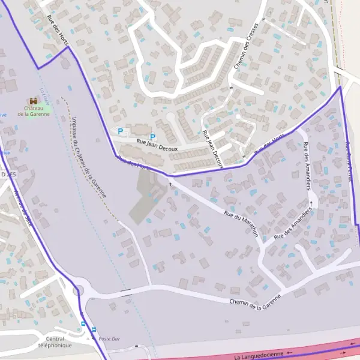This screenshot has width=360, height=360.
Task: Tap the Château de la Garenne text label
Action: click(x=34, y=111)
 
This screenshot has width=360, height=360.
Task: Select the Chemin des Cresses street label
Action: click(x=246, y=46)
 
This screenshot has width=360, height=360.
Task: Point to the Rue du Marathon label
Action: click(x=241, y=223)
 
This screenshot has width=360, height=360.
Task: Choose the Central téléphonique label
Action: click(x=55, y=342)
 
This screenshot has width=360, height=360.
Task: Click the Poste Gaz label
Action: click(x=109, y=339)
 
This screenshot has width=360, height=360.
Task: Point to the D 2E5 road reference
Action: click(x=8, y=174)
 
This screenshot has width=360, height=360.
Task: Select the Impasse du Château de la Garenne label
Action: click(x=88, y=158)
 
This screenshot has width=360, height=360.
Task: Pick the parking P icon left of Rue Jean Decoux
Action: click(x=120, y=131)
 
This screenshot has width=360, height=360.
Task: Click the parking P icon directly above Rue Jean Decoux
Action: click(x=152, y=137)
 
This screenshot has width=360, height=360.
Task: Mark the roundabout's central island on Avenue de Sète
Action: click(x=78, y=292)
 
